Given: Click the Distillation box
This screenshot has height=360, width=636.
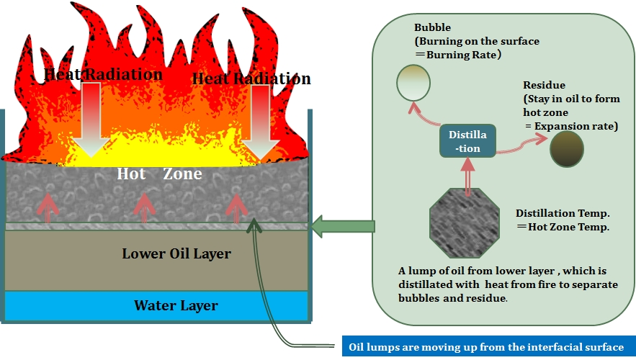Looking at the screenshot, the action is coord(467,140).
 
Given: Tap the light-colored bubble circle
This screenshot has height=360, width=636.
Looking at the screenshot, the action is coord(413,83).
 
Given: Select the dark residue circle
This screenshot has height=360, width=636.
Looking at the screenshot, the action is coord(567,149).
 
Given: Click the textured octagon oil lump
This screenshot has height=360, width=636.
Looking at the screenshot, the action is coord(465,222).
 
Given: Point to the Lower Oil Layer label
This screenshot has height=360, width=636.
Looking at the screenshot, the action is coord(176,253).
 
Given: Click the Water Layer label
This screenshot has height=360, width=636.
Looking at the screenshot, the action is coord(176,305).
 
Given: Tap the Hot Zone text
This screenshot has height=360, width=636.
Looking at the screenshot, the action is coord(159,174).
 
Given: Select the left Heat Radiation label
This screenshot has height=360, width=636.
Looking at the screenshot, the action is coord(103,74).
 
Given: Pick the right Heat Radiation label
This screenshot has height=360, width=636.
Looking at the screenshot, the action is coord(251,78).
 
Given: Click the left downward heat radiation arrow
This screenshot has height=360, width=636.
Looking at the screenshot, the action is coord(91,120).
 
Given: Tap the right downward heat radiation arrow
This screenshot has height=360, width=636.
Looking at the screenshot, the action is coord(261,122).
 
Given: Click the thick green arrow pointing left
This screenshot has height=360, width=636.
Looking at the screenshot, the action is coord(343,226).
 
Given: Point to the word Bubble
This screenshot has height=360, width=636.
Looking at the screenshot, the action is coord(432,27).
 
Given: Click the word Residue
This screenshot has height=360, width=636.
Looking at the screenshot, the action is coord(544,85).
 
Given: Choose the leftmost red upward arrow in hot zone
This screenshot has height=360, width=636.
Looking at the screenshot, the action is coord(48,208).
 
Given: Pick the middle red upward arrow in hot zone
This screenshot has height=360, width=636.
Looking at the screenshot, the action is coord(144,208).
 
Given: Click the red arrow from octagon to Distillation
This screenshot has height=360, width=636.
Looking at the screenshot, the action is coord(467,176).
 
